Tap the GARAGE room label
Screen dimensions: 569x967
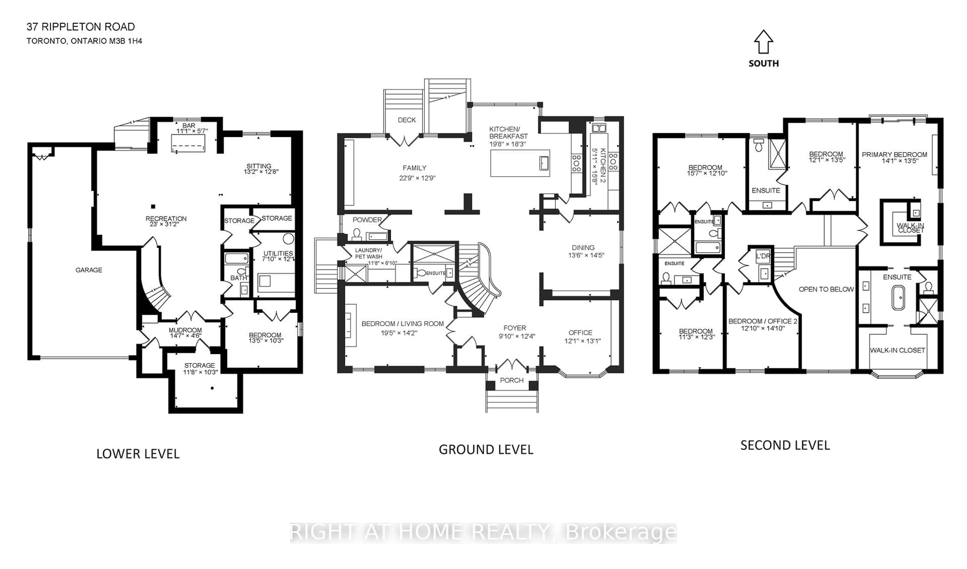tap(89, 270)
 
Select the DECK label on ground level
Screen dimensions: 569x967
tap(407, 120)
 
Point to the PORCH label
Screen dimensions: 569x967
tap(511, 380)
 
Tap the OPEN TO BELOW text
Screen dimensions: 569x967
tap(826, 289)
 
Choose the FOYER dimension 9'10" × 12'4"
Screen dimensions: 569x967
tap(516, 336)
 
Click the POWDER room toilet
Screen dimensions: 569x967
tap(357, 234)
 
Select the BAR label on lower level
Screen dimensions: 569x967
tap(189, 125)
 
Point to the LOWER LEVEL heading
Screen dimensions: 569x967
tap(138, 454)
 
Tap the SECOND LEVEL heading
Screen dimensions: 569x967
tap(785, 445)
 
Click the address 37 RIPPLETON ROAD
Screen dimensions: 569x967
tap(81, 27)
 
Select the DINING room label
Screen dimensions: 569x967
tap(583, 248)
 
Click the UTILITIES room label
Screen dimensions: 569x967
tap(278, 253)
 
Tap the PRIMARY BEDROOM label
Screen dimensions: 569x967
tap(894, 155)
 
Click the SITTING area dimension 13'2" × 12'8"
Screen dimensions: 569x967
tap(261, 172)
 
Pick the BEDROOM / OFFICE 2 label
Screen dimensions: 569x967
tap(763, 321)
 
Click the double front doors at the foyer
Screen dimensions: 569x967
tap(512, 365)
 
